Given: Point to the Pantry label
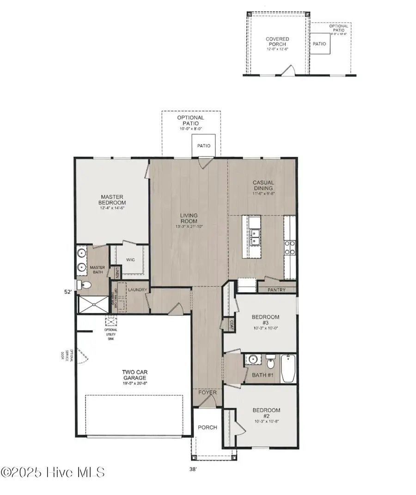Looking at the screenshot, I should [276, 290].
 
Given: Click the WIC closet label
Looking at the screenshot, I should [130, 260].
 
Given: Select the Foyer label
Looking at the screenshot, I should [208, 393].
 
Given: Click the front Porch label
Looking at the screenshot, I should [207, 428].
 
